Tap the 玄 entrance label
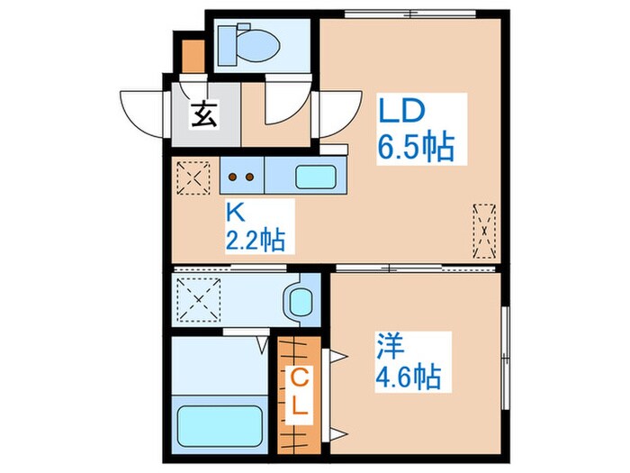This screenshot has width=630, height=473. [204, 114]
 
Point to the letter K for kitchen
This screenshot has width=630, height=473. [235, 214]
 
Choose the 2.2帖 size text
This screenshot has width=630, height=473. [255, 241]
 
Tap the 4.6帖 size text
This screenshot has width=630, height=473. [409, 375]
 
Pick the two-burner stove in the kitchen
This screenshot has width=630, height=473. [242, 177]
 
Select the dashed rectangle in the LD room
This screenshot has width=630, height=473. [485, 230]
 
